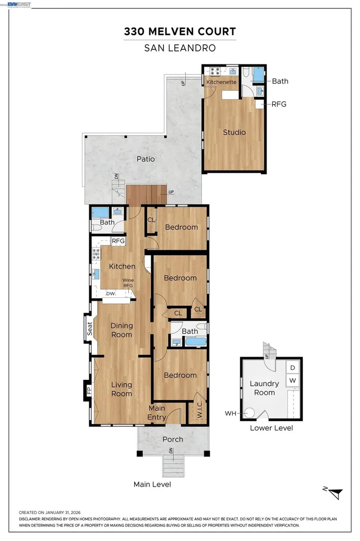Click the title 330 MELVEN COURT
point(179,32)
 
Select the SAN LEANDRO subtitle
point(179,48)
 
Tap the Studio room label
point(234,132)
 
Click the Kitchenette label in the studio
point(221,82)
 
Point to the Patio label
point(146,158)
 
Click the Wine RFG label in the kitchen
point(128,283)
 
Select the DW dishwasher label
point(110,293)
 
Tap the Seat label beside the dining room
point(89,329)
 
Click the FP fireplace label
point(89,391)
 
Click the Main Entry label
point(157,413)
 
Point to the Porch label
point(173,439)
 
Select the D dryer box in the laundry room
point(292,367)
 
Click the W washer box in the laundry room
point(292,380)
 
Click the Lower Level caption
point(271,428)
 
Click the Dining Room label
point(121,330)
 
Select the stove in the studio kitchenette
point(215,71)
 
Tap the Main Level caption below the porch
point(152,484)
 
